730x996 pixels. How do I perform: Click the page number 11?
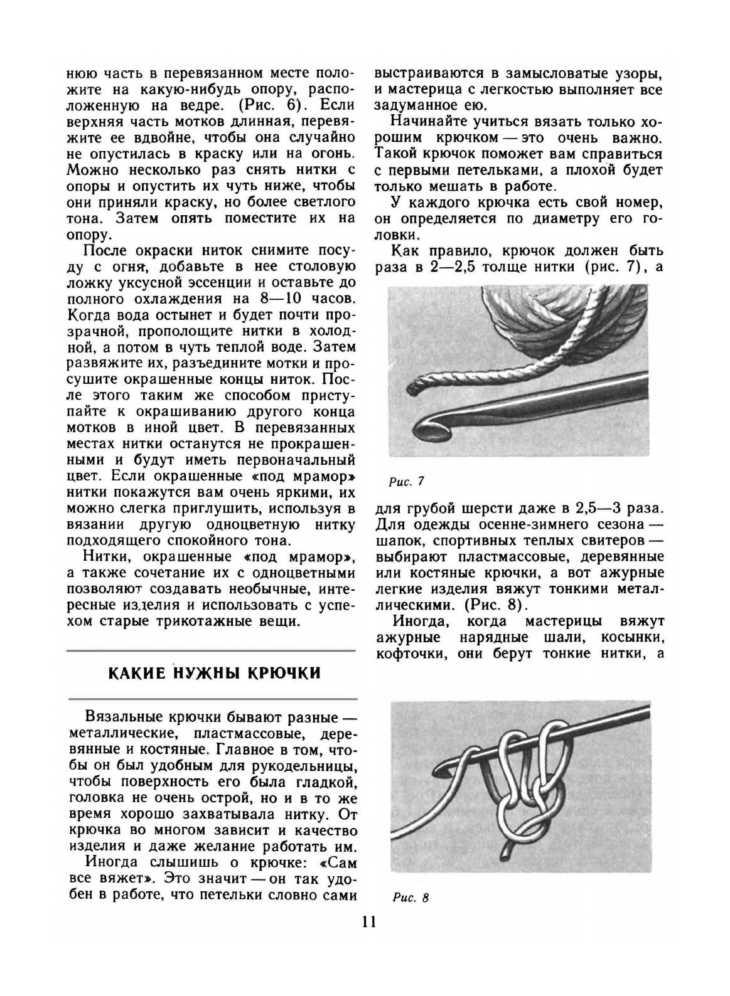point(368,921)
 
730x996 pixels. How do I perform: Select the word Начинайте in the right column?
point(429,121)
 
